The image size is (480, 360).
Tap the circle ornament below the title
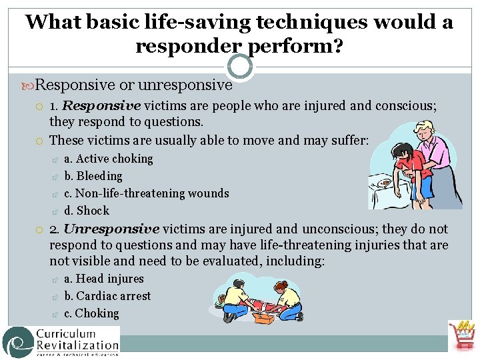coord(240,67)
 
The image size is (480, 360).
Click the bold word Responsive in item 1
coord(102,105)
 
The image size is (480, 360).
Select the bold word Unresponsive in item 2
coord(111,229)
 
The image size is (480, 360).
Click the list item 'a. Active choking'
coord(109,159)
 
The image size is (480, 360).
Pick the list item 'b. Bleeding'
coord(93,176)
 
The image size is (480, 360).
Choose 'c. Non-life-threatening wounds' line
coord(147,193)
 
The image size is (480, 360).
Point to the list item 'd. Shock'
coord(87,211)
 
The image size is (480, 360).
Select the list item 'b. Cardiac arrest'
coord(107,296)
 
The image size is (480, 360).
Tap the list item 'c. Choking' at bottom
coord(91,313)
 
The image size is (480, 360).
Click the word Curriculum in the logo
coord(76,335)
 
